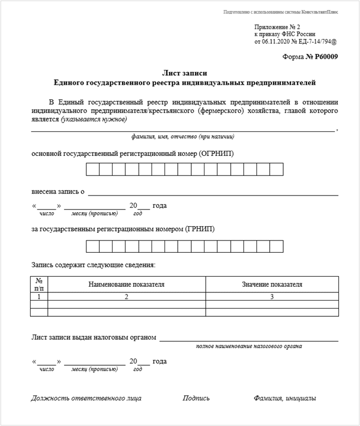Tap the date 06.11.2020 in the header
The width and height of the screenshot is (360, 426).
[278, 41]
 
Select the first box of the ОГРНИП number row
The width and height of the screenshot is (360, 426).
[92, 169]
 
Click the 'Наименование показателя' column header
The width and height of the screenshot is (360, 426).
[127, 285]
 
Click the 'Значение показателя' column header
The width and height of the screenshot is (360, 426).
[272, 285]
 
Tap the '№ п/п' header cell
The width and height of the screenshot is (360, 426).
[39, 285]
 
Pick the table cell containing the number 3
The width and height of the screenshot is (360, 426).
[272, 297]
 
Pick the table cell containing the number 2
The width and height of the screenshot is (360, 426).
[127, 297]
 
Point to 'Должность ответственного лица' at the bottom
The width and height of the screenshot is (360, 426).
[86, 398]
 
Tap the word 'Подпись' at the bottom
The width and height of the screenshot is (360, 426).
[196, 398]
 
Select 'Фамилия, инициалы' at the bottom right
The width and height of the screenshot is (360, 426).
[284, 398]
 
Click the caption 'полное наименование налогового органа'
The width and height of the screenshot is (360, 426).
[249, 346]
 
